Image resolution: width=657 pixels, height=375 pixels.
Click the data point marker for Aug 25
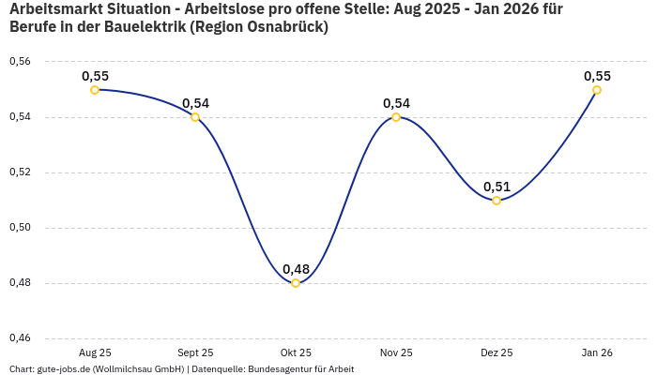tap(95, 90)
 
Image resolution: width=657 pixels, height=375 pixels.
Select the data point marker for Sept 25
tap(195, 117)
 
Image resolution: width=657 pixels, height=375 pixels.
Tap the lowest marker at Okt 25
tap(296, 283)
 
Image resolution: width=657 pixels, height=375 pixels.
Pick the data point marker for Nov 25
tap(396, 117)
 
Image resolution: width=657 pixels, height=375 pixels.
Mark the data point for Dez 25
tap(497, 201)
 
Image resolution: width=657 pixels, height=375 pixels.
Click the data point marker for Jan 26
tap(597, 90)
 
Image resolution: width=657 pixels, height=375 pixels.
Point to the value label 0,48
tap(296, 269)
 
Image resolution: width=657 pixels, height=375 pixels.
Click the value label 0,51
tap(497, 187)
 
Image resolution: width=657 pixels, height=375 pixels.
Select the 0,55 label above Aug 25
tap(95, 76)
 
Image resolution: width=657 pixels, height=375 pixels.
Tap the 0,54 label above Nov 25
tap(396, 103)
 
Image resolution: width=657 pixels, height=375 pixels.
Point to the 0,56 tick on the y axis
tap(19, 62)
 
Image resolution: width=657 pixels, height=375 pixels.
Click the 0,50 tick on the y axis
tap(19, 228)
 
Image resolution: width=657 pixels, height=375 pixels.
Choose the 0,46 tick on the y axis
tap(19, 338)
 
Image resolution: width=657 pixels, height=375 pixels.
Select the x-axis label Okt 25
tap(296, 353)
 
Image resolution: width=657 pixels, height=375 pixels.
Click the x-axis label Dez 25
tap(497, 353)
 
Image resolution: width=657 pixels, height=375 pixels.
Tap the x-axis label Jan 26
tap(597, 353)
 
